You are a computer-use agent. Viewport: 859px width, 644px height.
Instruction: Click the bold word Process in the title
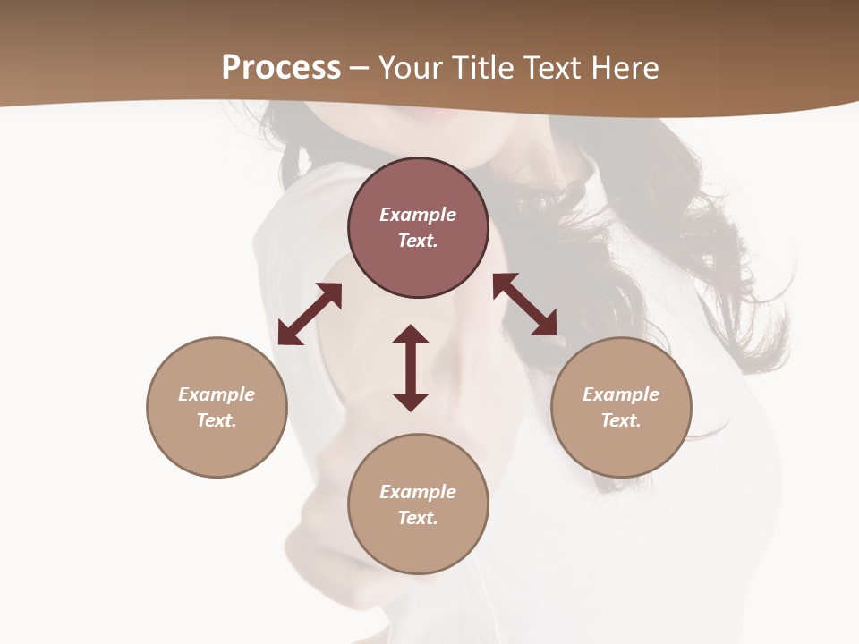tap(281, 68)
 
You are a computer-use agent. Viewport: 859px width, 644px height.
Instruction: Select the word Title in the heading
tap(483, 68)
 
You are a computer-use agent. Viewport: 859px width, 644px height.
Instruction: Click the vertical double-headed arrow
tap(411, 368)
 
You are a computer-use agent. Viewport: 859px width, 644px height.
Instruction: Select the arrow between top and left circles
tap(310, 314)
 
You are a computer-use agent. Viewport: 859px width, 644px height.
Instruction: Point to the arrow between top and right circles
tap(525, 304)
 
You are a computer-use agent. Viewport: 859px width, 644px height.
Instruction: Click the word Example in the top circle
tap(418, 215)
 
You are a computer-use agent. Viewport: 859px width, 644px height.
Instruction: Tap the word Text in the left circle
tap(216, 420)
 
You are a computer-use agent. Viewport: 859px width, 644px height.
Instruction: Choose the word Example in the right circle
tap(621, 394)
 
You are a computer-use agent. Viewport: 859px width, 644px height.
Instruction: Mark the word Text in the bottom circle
tap(417, 518)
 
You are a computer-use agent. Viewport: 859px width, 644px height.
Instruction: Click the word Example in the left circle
tap(217, 394)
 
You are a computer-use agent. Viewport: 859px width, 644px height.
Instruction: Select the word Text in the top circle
tap(417, 241)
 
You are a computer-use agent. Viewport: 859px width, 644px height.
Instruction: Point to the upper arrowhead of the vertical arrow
tap(411, 335)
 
